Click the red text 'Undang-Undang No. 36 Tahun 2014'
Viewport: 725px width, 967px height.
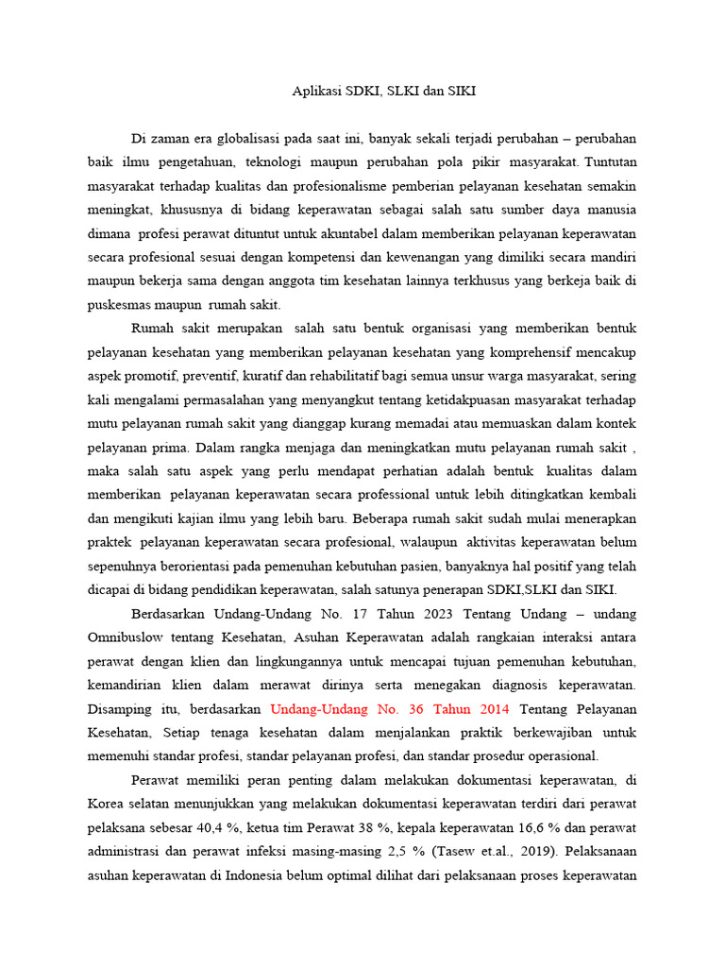pyautogui.click(x=390, y=708)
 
